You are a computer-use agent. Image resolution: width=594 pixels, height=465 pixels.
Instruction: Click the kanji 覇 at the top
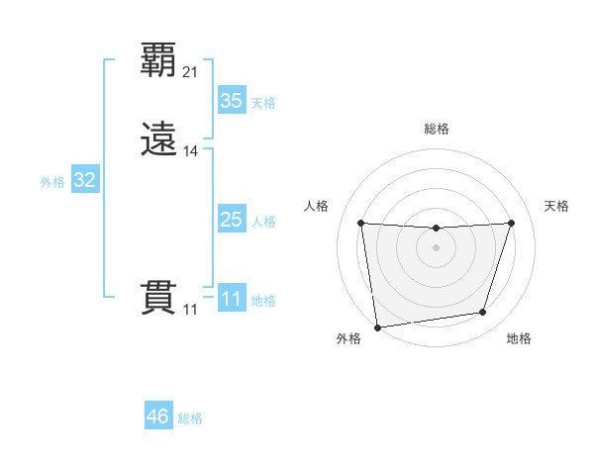[x=159, y=59]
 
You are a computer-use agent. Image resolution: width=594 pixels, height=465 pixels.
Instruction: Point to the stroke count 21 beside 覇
[x=191, y=71]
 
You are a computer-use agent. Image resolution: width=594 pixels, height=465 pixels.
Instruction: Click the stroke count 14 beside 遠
[x=191, y=151]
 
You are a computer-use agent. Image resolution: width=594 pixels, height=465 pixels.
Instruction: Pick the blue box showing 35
[x=231, y=101]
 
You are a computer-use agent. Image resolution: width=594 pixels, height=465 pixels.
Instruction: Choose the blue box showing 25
[x=231, y=220]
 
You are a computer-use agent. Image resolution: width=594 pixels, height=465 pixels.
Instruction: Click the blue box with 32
[x=84, y=180]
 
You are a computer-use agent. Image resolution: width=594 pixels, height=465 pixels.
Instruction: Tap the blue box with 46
[x=158, y=417]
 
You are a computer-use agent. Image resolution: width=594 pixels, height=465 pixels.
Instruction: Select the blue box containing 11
[x=231, y=299]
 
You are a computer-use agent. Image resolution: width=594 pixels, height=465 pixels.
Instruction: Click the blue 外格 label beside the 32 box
[x=52, y=182]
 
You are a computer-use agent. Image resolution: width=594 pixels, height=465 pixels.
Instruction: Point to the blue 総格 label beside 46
[x=190, y=418]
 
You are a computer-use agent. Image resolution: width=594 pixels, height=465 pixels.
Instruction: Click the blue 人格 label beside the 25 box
[x=264, y=222]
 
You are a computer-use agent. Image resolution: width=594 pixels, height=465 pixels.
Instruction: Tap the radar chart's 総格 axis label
[x=437, y=129]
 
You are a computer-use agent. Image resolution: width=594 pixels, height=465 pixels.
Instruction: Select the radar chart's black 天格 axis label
[x=557, y=206]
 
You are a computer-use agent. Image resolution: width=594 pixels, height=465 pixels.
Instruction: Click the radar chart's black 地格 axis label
[x=519, y=338]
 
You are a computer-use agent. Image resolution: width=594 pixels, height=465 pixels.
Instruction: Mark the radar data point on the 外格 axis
[x=377, y=326]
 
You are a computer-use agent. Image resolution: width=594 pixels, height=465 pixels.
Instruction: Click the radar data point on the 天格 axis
[x=512, y=223]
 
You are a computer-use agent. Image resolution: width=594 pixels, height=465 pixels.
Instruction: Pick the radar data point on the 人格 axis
[x=361, y=223]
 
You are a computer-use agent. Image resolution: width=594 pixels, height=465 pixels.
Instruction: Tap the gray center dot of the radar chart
[x=436, y=247]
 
